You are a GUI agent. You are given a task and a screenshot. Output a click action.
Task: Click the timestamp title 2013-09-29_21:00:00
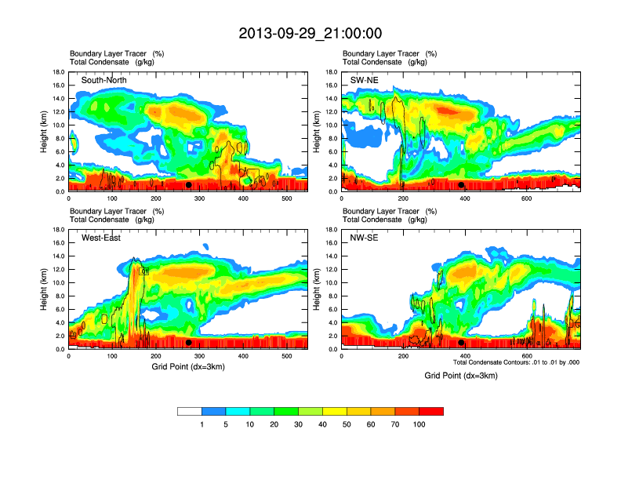tap(310, 33)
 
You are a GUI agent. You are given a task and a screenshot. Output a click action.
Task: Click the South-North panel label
tap(104, 80)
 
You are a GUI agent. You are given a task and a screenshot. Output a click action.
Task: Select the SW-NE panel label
tap(365, 80)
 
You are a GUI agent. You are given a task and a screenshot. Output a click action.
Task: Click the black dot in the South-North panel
tap(188, 185)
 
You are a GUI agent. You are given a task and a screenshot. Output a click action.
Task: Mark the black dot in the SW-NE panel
tap(462, 185)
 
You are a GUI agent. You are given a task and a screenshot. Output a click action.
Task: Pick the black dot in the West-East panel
tap(188, 343)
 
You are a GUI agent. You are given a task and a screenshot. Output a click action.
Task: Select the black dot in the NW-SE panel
tap(462, 343)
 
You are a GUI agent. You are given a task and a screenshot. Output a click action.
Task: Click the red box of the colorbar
tap(431, 411)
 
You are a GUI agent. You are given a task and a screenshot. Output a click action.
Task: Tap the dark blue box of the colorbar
tap(214, 411)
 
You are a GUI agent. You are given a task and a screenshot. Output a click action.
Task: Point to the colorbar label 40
tap(323, 424)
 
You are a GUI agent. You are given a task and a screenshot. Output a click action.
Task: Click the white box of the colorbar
tap(190, 411)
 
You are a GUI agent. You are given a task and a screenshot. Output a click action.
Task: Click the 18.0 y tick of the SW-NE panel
tap(331, 72)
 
